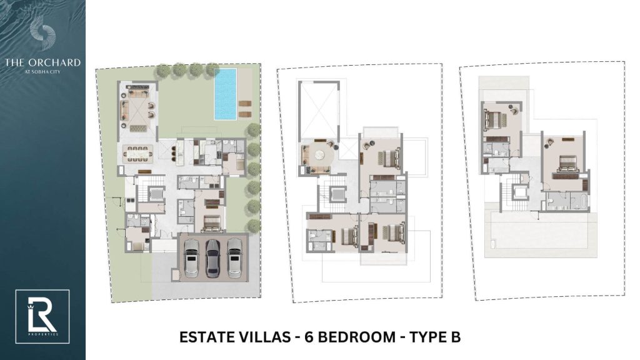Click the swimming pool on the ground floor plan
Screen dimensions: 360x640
tap(225, 94)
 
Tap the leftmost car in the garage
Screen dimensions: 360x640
tap(191, 256)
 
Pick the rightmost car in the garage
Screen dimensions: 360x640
tap(234, 256)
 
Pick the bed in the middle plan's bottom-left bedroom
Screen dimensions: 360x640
tap(345, 236)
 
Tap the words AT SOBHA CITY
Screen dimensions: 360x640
tap(42, 71)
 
